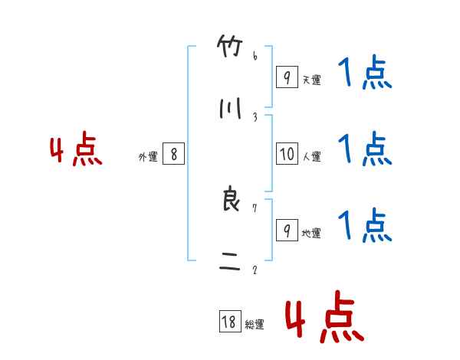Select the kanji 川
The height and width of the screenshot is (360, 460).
(229, 110)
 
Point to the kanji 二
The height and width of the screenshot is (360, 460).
(229, 264)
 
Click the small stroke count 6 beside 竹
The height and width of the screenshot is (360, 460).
(255, 56)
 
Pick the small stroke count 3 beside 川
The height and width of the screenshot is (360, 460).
(255, 116)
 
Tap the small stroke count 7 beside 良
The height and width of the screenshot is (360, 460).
(255, 208)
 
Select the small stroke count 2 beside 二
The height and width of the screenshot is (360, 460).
(255, 270)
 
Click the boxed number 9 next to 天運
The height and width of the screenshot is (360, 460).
(287, 77)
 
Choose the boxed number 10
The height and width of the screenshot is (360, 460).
(287, 154)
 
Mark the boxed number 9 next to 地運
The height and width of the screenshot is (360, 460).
(287, 231)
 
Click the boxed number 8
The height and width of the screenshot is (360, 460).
(174, 154)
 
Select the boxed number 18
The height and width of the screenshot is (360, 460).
(229, 322)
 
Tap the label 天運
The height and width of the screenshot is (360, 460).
(311, 80)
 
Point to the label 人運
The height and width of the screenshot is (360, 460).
(311, 156)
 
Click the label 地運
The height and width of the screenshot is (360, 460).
(311, 233)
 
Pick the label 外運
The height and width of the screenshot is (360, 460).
(148, 156)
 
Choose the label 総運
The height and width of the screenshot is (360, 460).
(255, 325)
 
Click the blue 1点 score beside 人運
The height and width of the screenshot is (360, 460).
(365, 149)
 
